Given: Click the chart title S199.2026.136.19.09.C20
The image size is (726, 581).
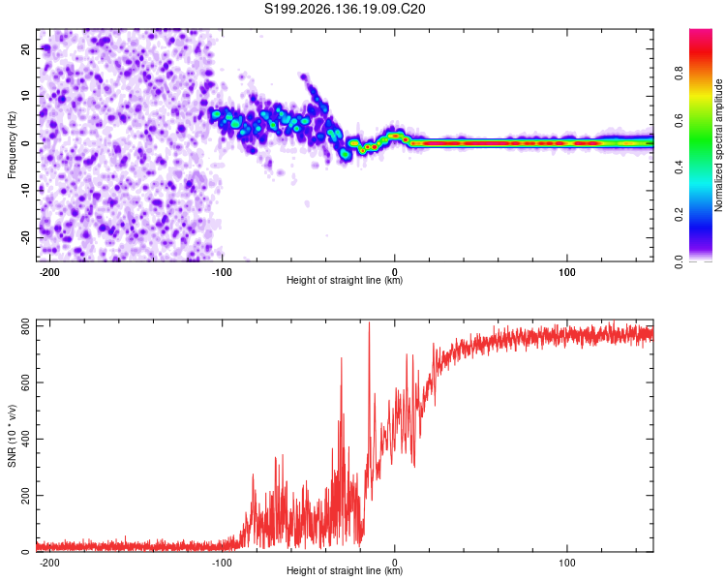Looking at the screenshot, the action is pos(345,9).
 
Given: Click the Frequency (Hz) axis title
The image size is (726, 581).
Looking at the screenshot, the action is pos(12,145).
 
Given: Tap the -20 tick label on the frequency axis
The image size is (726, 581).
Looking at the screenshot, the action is pos(25,237).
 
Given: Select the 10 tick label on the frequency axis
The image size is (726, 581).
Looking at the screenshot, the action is pos(25,96).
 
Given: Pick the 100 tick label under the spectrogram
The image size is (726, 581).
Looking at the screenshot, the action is pos(566,272).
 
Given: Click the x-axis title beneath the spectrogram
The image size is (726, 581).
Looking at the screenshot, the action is pos(345,280).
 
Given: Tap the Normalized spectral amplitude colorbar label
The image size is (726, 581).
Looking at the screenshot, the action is pos(718,145).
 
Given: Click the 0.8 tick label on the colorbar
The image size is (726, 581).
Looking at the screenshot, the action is pos(679,73).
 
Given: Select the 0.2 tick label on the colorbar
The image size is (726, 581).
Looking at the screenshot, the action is pos(679,214).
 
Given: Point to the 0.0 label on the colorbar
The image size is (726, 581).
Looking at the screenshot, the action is pos(679,261).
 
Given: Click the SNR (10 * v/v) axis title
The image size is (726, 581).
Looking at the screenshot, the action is pos(12,436).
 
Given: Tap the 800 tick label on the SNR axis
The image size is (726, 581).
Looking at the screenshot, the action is pos(25,326).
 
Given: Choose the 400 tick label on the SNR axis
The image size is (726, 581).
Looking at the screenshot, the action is pos(25,439).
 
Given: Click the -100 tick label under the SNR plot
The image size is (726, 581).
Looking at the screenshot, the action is pos(222,563).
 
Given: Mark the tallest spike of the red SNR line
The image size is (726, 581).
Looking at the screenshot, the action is pos(369,322).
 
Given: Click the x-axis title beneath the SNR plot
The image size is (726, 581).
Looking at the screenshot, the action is pos(345,570).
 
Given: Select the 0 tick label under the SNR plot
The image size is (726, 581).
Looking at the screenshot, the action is pos(395,563).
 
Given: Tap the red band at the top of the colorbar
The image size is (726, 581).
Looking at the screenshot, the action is pos(701,51).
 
